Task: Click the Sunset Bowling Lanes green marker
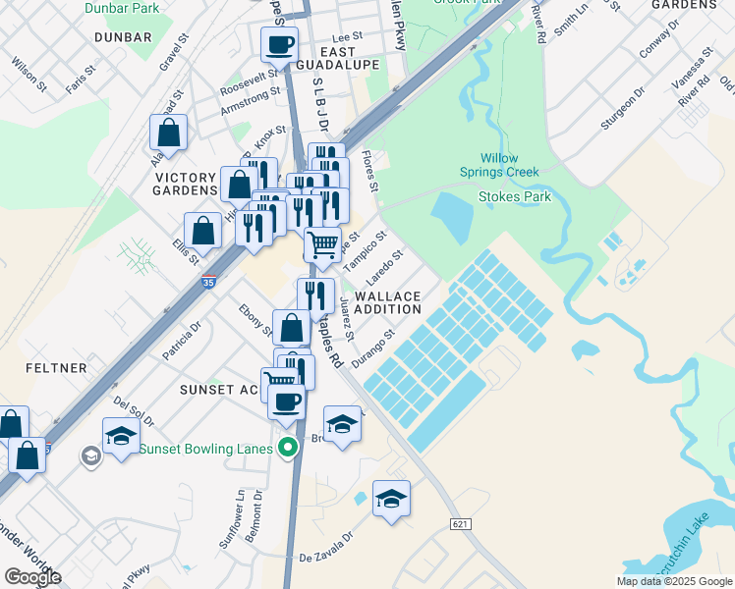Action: tap(288, 449)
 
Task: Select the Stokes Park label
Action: tap(514, 196)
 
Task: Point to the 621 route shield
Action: tap(460, 524)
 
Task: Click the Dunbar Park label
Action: tap(122, 8)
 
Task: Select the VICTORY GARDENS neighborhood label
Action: tap(185, 184)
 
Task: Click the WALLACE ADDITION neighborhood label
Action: tap(387, 302)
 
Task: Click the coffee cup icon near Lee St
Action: tap(279, 44)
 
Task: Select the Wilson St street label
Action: tap(28, 74)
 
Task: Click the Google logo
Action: tap(31, 577)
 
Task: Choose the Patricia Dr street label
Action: tap(182, 339)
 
